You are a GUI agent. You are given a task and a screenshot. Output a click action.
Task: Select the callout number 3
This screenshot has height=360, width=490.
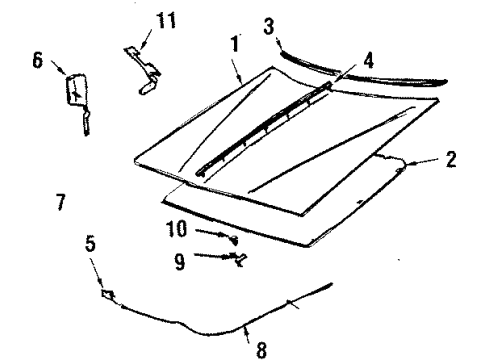click(268, 24)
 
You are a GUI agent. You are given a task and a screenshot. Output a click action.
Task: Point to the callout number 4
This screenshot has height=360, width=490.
click(368, 60)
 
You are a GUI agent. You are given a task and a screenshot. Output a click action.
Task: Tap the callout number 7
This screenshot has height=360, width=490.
click(61, 202)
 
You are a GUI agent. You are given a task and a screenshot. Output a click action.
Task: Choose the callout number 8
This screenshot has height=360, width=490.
click(262, 349)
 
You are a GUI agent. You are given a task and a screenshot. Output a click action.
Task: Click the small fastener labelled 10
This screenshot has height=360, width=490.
click(234, 239)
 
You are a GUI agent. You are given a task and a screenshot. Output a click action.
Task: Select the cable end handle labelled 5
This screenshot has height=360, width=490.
click(107, 296)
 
